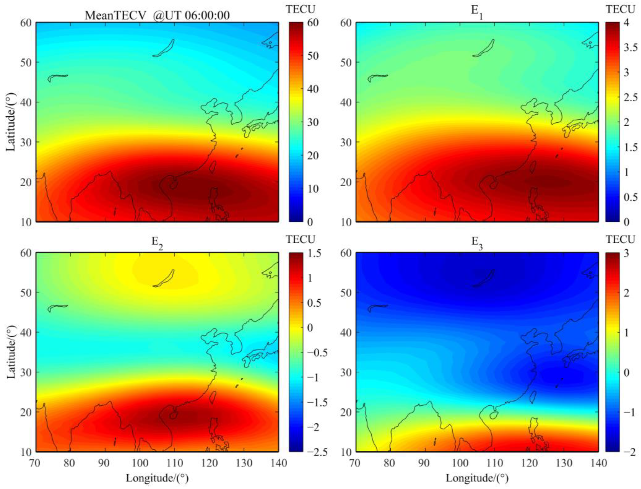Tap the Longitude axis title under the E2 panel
pyautogui.click(x=157, y=478)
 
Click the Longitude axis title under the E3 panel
pyautogui.click(x=477, y=478)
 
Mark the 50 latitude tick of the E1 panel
pyautogui.click(x=346, y=63)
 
